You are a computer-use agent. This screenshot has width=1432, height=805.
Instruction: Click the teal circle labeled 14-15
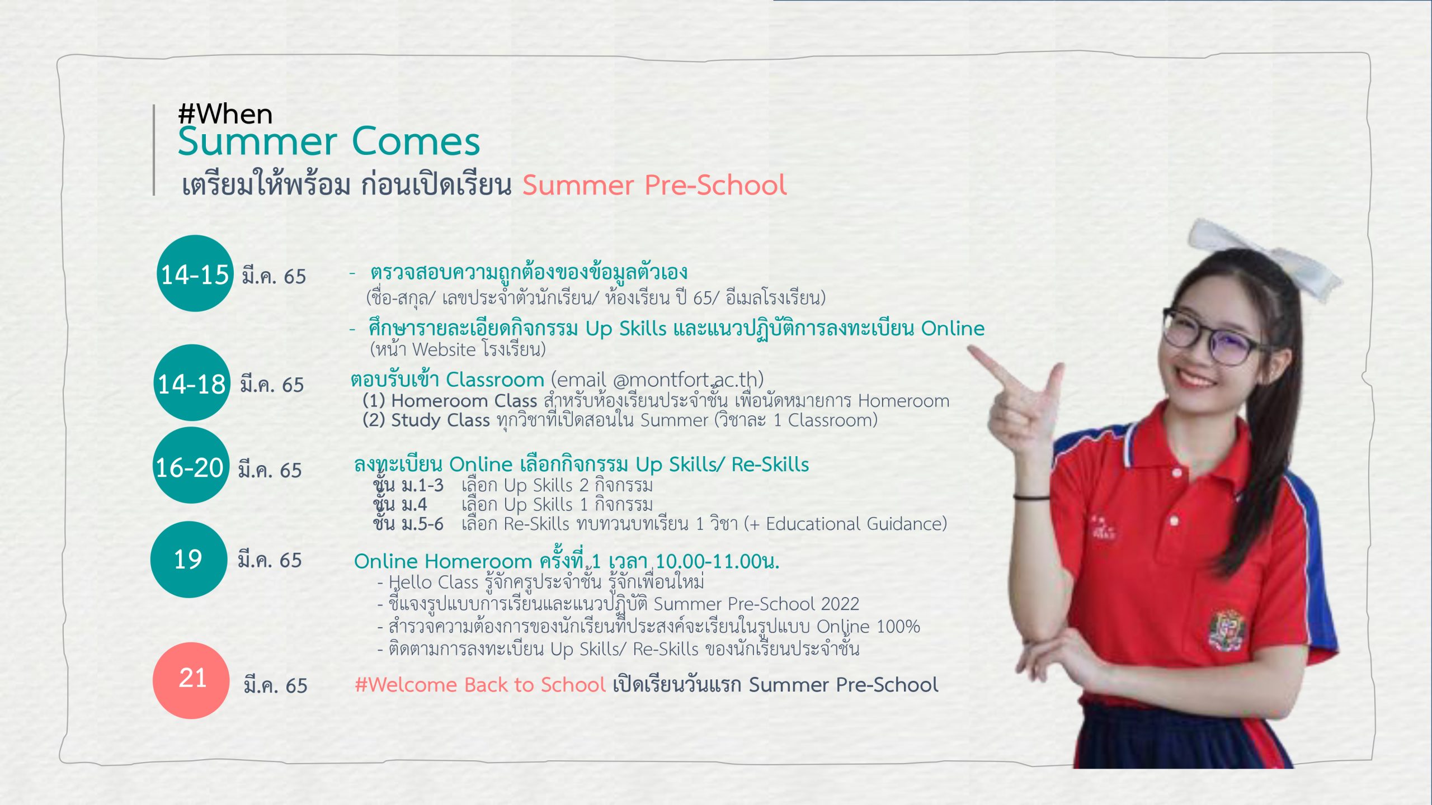point(195,273)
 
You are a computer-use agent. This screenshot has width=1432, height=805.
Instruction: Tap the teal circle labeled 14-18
point(192,383)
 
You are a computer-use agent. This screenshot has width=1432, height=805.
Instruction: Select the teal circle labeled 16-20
point(191,466)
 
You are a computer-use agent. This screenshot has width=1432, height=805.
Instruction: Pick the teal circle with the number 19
point(189,560)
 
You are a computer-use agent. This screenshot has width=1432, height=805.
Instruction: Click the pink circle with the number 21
point(191,680)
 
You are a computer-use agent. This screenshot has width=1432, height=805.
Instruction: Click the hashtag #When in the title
point(225,114)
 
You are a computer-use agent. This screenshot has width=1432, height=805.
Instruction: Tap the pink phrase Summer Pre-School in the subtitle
point(654,185)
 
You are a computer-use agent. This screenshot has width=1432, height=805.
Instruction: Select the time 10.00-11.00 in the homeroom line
point(709,561)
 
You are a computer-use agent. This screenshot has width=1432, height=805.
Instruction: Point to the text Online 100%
point(868,627)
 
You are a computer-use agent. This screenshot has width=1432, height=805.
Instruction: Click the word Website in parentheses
point(444,350)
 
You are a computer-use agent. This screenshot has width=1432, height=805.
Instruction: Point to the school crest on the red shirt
point(1227,629)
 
